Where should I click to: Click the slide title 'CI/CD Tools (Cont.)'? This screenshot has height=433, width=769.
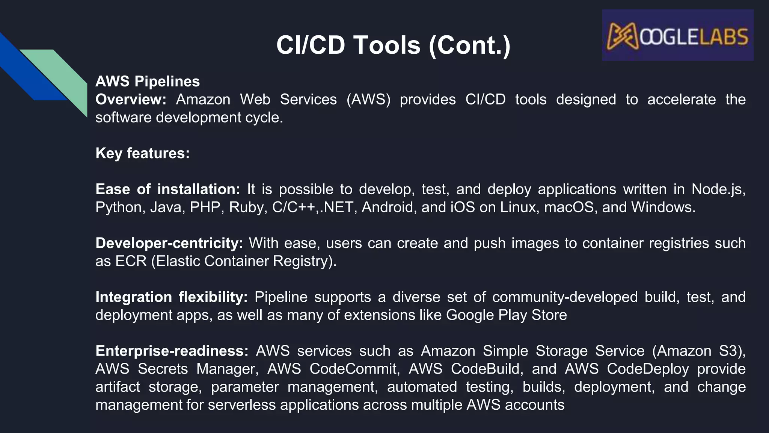coord(393,45)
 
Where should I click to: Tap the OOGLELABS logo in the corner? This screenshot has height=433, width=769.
coord(677,35)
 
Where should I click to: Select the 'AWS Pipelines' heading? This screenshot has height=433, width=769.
coord(148,82)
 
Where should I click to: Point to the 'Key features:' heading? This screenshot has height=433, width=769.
coord(143,153)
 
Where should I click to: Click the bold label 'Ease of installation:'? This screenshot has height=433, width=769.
coord(167,189)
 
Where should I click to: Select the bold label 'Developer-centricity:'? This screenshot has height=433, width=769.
coord(169,243)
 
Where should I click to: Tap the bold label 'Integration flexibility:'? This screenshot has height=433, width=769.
coord(172,297)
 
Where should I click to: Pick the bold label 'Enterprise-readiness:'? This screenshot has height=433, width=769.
coord(172,351)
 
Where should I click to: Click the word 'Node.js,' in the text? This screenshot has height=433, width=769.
coord(718,189)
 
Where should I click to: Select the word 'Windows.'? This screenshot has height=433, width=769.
coord(663,207)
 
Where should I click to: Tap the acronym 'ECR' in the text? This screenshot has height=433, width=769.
coord(131,261)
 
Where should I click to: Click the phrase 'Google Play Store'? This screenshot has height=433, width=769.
coord(506,315)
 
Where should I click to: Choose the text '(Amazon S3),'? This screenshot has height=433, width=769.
coord(699,351)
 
